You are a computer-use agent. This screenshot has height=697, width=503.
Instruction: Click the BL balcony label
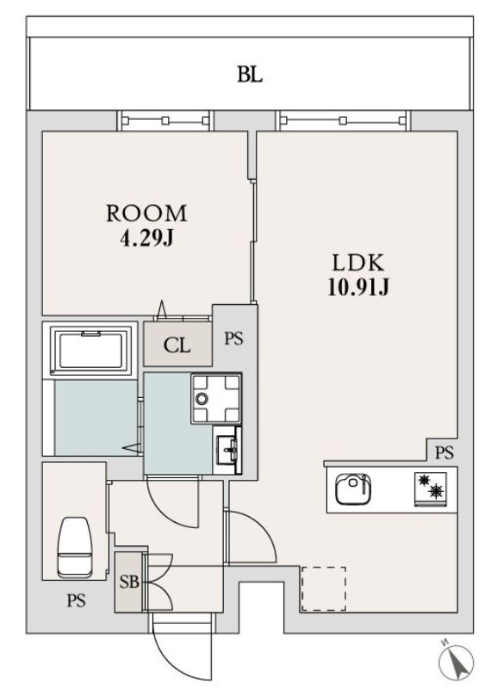[250, 74]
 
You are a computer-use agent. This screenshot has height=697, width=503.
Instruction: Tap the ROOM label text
[146, 214]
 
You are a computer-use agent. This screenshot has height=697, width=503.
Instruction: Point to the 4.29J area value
[146, 240]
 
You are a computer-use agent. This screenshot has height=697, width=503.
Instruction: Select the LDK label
[358, 263]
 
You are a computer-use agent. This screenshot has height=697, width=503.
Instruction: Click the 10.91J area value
[358, 288]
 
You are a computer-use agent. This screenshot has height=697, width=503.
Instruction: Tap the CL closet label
[177, 345]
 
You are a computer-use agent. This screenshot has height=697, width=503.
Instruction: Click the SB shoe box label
[129, 582]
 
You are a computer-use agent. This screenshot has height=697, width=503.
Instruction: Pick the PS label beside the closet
[233, 339]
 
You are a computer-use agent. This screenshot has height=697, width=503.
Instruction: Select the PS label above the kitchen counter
[444, 452]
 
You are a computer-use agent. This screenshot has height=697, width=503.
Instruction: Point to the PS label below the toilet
[77, 601]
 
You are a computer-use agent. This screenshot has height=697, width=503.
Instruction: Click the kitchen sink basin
[353, 489]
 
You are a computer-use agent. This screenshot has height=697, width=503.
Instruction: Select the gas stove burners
[430, 489]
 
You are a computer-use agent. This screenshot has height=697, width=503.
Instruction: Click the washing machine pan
[216, 398]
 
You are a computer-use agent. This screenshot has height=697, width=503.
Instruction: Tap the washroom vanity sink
[227, 450]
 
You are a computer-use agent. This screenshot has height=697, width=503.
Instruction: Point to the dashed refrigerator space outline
[324, 589]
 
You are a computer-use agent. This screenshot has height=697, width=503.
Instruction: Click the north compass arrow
[456, 661]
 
